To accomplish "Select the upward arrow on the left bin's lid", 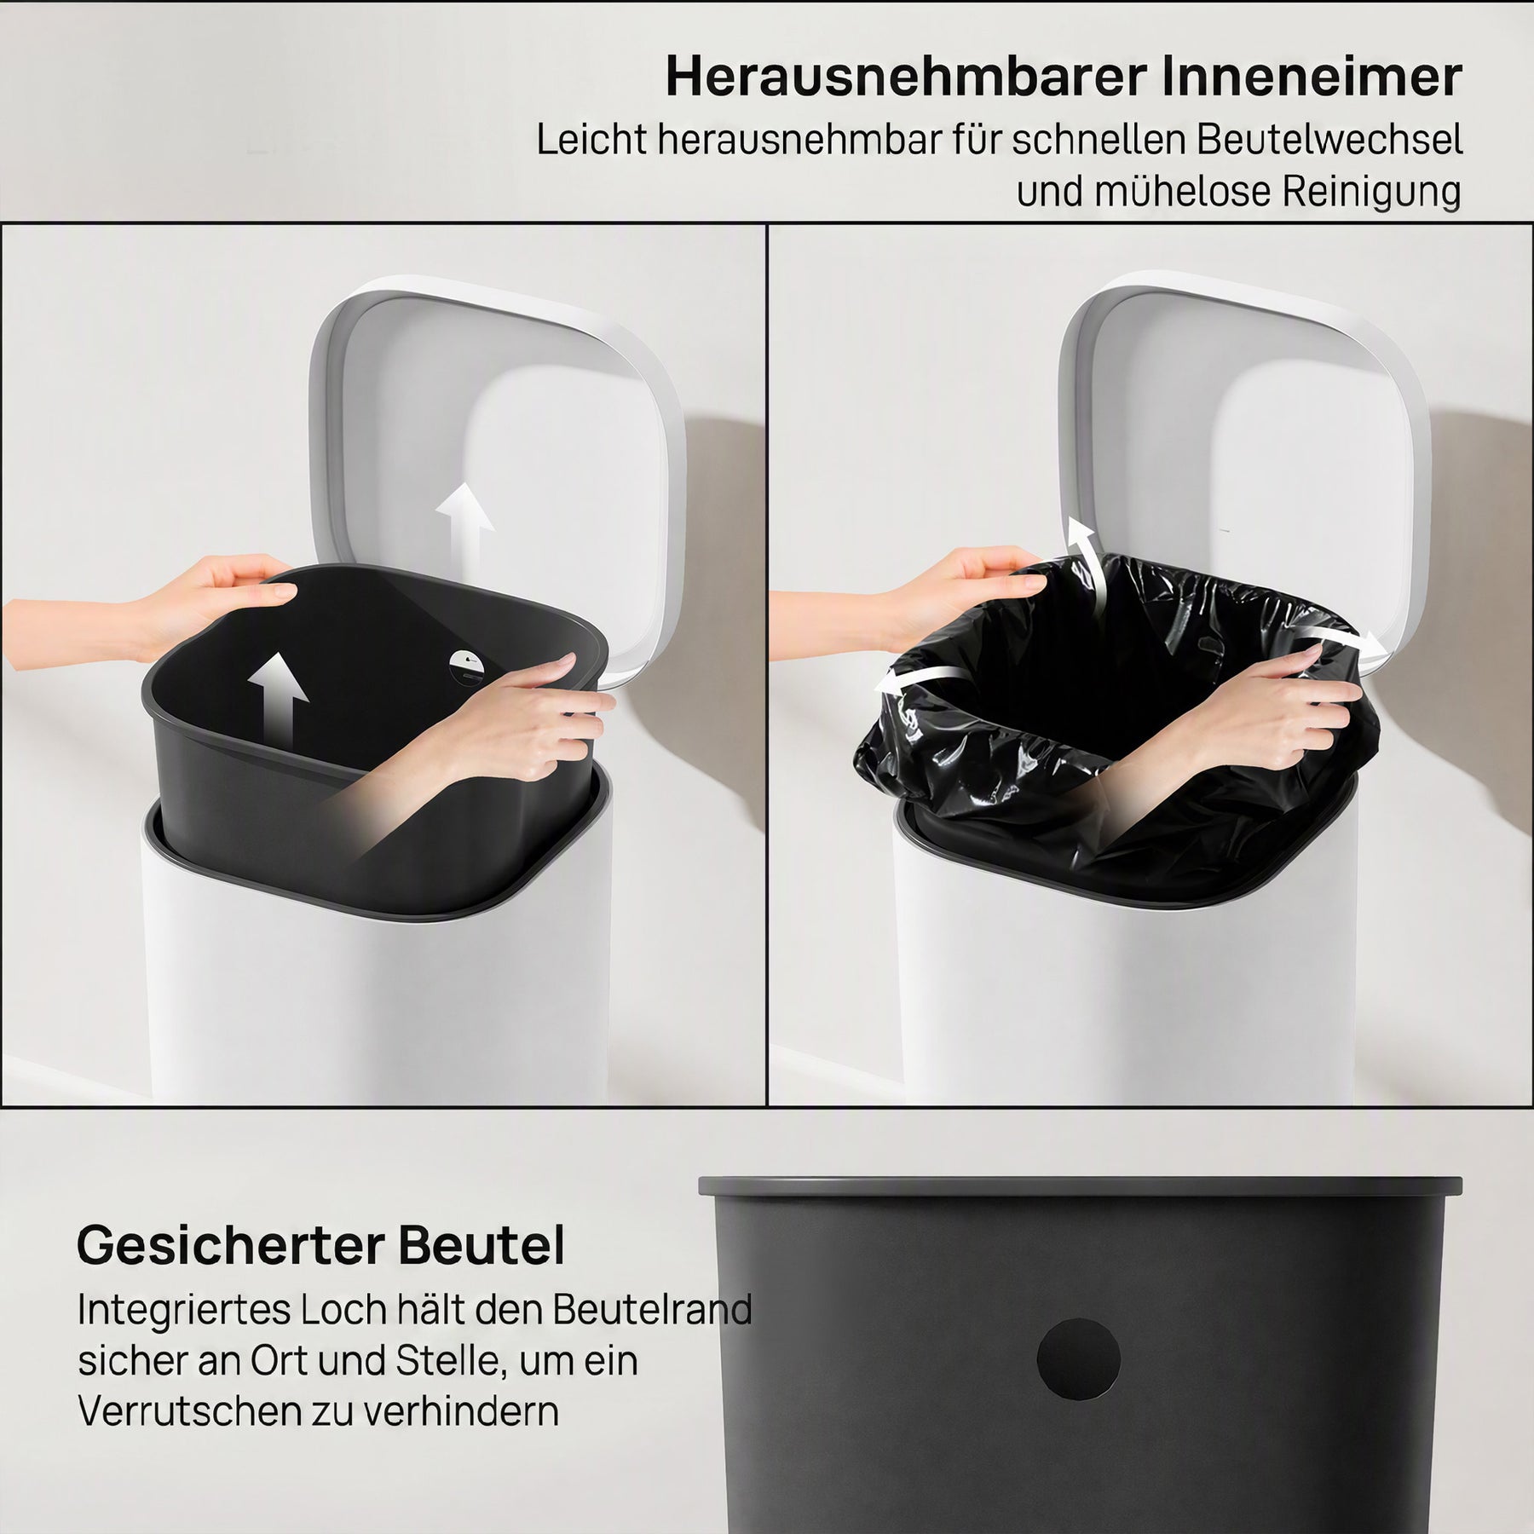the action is tap(464, 528).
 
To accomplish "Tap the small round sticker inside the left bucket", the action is tap(464, 666).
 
